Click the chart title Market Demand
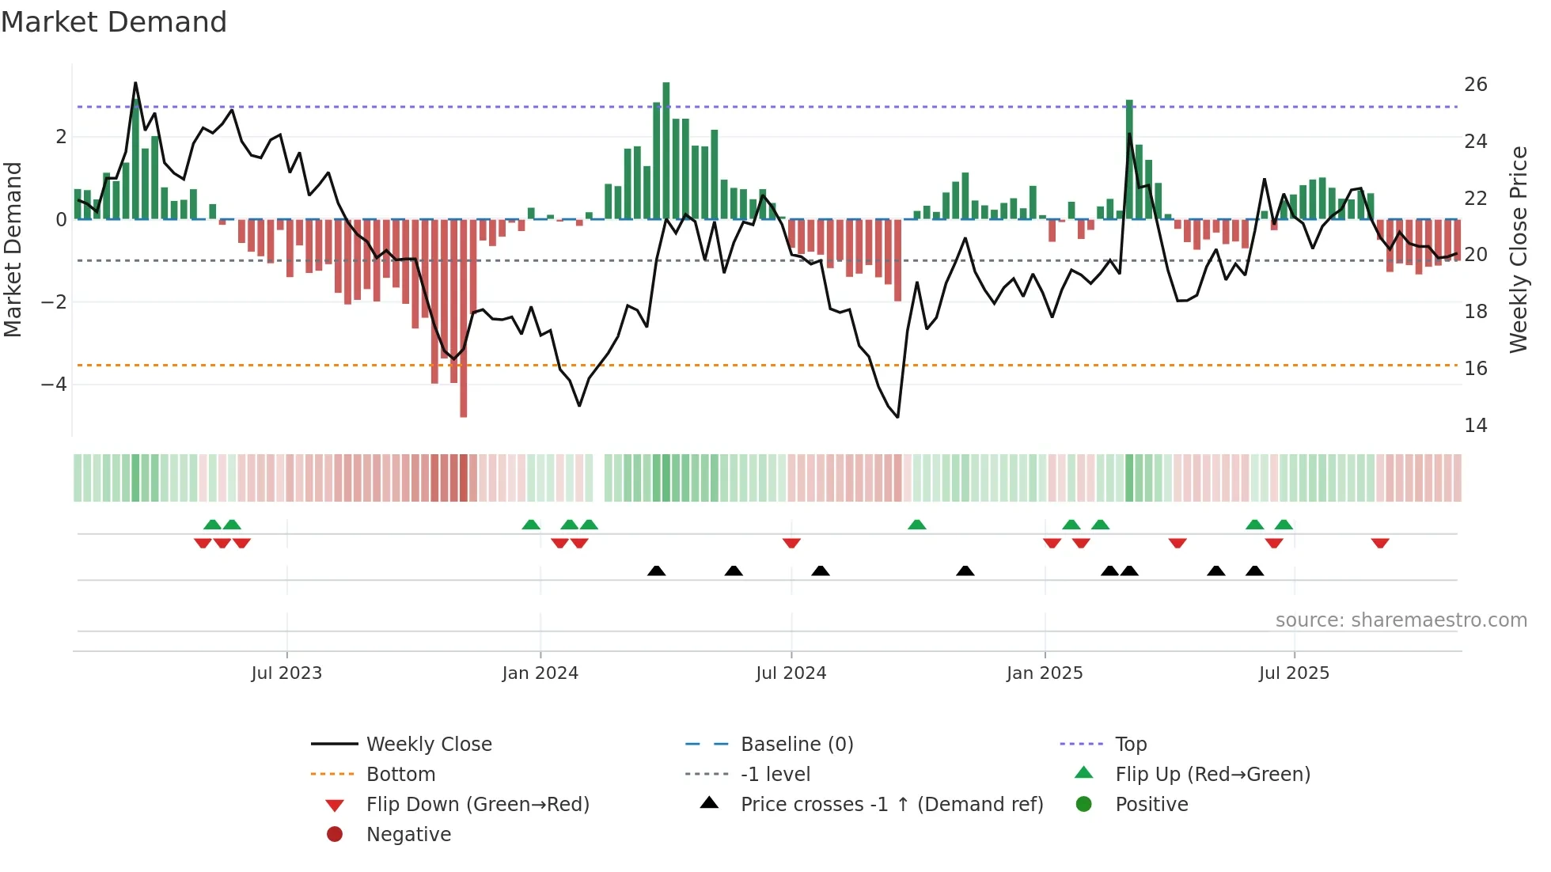coord(114,22)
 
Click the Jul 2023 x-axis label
coord(286,673)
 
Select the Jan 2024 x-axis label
coord(540,673)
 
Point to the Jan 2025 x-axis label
coord(1045,673)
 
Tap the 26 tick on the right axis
coord(1475,85)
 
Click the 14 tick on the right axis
coord(1475,426)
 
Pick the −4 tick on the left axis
coord(54,385)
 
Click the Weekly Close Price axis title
coord(1518,249)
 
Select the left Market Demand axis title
coord(13,249)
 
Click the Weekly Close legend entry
coord(428,745)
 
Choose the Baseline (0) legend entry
coord(796,745)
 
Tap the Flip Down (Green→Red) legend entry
coord(477,805)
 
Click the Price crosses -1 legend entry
coord(891,805)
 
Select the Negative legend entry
coord(408,835)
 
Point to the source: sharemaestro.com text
coord(1401,620)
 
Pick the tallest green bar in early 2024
coord(666,150)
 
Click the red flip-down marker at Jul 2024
coord(791,543)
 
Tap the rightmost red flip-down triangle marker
coord(1380,543)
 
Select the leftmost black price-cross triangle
coord(656,571)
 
